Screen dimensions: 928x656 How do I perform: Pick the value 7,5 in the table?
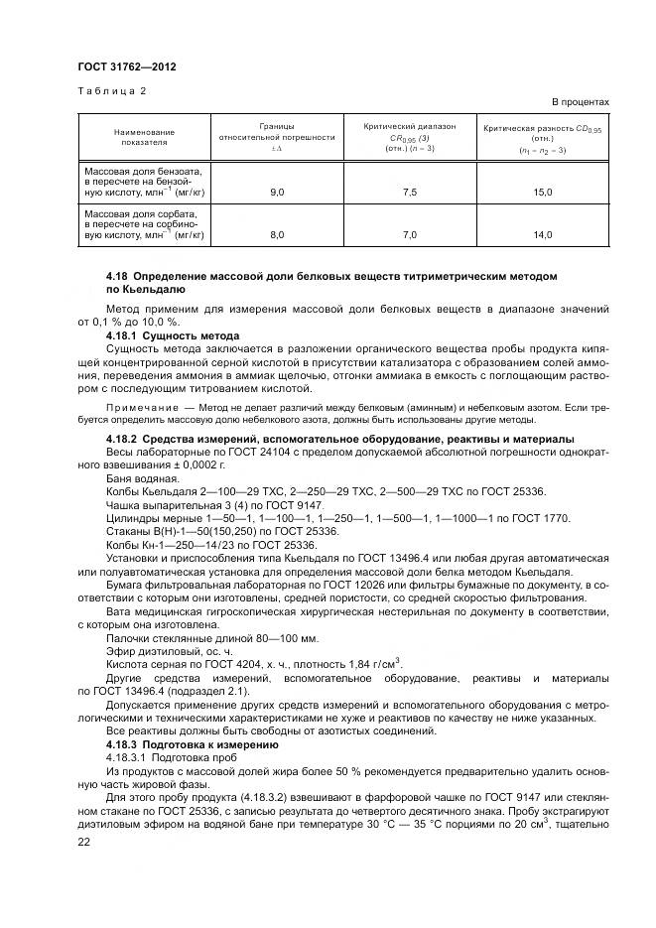(x=410, y=192)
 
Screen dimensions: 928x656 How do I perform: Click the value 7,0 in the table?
(x=410, y=234)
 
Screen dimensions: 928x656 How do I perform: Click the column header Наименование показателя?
(x=144, y=137)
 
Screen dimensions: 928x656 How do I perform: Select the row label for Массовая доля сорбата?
(x=143, y=223)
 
